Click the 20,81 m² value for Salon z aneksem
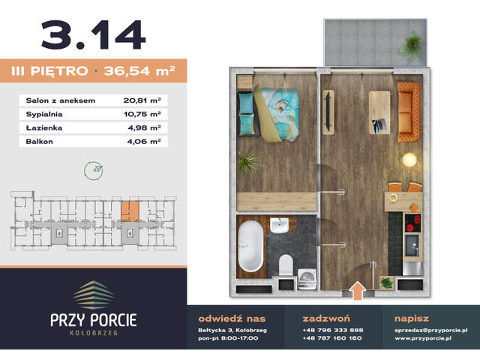tap(141, 99)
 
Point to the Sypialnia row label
tap(44, 113)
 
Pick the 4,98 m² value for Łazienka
tap(144, 127)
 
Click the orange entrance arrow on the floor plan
tap(358, 288)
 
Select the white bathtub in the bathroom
tap(250, 246)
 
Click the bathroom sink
tap(279, 226)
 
